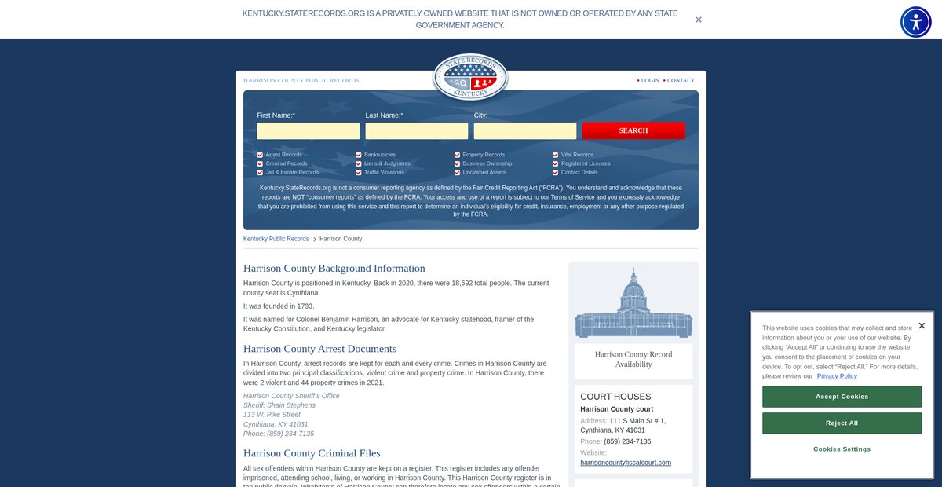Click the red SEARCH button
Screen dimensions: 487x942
pyautogui.click(x=633, y=130)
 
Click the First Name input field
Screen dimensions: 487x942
pyautogui.click(x=308, y=131)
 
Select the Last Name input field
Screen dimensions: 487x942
pyautogui.click(x=416, y=131)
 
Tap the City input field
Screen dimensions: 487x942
pyautogui.click(x=524, y=131)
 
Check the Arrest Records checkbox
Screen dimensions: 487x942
pyautogui.click(x=260, y=155)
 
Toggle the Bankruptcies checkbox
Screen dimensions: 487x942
pyautogui.click(x=359, y=155)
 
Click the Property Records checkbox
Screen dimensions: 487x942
pyautogui.click(x=457, y=155)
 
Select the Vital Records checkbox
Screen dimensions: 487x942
pyautogui.click(x=555, y=155)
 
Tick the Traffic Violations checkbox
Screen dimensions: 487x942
pyautogui.click(x=359, y=172)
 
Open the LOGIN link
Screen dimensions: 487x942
pyautogui.click(x=650, y=80)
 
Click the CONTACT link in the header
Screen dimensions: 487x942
pyautogui.click(x=681, y=80)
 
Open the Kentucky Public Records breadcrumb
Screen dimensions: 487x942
pyautogui.click(x=276, y=239)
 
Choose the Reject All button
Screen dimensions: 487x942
pyautogui.click(x=842, y=423)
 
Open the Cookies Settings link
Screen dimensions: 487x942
pyautogui.click(x=842, y=449)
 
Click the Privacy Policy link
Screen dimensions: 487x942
pyautogui.click(x=837, y=376)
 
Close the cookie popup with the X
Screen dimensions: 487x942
pyautogui.click(x=922, y=326)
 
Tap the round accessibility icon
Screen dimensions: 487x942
pyautogui.click(x=915, y=22)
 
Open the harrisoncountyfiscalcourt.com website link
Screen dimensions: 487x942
pyautogui.click(x=626, y=463)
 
